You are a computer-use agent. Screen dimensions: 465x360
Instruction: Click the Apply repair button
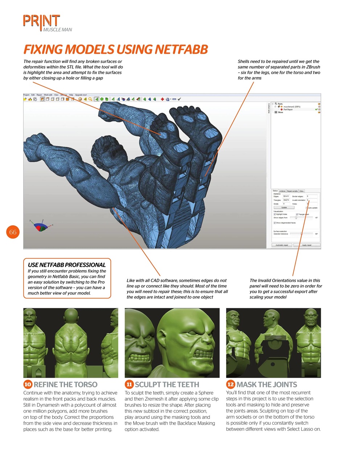[307, 245]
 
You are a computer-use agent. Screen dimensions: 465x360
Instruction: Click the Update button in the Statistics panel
[284, 208]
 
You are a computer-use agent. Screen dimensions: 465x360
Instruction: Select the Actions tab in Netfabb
[282, 191]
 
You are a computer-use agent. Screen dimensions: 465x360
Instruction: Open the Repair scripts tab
[292, 191]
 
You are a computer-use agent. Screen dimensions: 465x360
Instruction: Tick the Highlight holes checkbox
[275, 214]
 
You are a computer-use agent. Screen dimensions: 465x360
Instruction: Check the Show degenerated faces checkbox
[275, 223]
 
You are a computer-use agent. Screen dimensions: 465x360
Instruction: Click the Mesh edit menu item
[48, 95]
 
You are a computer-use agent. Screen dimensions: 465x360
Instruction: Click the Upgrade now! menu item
[81, 95]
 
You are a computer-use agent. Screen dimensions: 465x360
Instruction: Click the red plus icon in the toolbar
[162, 99]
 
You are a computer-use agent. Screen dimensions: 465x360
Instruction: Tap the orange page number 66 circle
[13, 232]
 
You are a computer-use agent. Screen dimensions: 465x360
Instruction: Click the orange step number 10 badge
[28, 384]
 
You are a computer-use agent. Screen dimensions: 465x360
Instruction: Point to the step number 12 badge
[230, 384]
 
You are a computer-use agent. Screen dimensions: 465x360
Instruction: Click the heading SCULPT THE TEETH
[167, 384]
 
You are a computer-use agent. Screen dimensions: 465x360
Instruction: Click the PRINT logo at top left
[41, 21]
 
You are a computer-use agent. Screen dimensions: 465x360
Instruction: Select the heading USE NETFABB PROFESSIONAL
[67, 265]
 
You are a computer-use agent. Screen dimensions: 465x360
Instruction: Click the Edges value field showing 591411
[286, 196]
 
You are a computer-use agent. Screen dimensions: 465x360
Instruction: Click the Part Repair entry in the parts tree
[288, 109]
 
